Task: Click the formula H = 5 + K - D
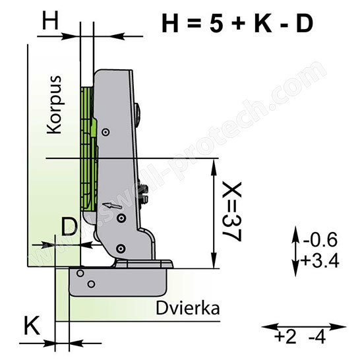click(x=237, y=24)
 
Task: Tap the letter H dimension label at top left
click(x=50, y=20)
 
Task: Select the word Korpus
click(x=54, y=104)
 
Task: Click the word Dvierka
click(x=188, y=308)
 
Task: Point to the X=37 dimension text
click(x=232, y=212)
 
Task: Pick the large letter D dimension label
click(x=69, y=227)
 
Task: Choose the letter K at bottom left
click(x=32, y=326)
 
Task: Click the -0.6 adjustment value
click(x=320, y=240)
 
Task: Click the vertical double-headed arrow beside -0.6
click(x=295, y=251)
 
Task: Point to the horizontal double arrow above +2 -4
click(x=304, y=326)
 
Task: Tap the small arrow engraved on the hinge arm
click(x=112, y=206)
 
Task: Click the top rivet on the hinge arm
click(x=105, y=132)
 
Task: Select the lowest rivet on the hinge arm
click(x=121, y=249)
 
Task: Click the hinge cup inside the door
click(x=118, y=282)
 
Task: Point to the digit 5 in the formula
click(x=216, y=24)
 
